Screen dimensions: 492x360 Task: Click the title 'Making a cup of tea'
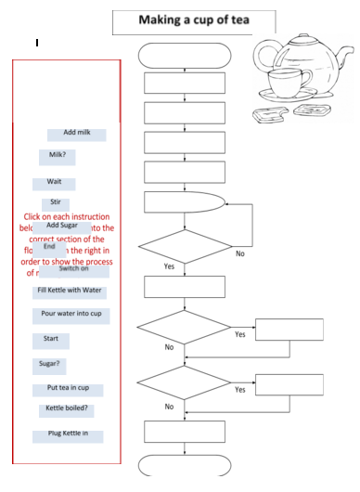pyautogui.click(x=194, y=19)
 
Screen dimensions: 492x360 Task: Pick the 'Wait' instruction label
pyautogui.click(x=55, y=182)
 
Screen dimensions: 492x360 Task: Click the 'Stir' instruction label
pyautogui.click(x=55, y=202)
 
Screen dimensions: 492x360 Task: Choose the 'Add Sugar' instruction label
pyautogui.click(x=62, y=226)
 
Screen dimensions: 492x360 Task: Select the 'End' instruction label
pyautogui.click(x=50, y=246)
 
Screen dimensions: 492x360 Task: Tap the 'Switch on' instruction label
pyautogui.click(x=73, y=269)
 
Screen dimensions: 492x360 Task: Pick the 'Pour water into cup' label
pyautogui.click(x=71, y=314)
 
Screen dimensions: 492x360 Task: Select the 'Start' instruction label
pyautogui.click(x=51, y=339)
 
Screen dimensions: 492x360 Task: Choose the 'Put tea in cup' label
pyautogui.click(x=68, y=388)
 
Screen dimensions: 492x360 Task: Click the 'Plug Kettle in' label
pyautogui.click(x=68, y=434)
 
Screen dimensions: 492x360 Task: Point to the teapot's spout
pyautogui.click(x=263, y=56)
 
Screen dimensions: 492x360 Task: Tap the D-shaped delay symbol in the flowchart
pyautogui.click(x=184, y=203)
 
